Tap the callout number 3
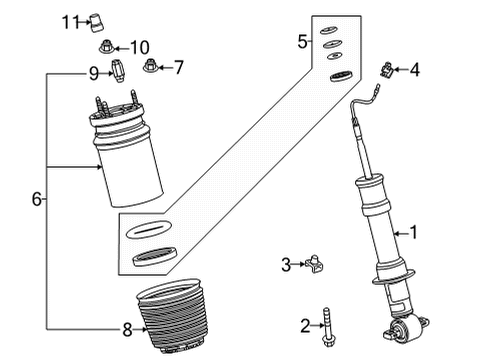click(x=286, y=265)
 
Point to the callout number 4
click(x=416, y=69)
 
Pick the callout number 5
click(x=303, y=41)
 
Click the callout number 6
click(x=36, y=199)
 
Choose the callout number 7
click(x=179, y=68)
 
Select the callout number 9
click(x=94, y=72)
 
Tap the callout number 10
click(x=138, y=46)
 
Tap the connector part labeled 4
click(x=386, y=70)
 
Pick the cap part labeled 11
click(x=99, y=20)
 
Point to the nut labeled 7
click(x=151, y=68)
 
